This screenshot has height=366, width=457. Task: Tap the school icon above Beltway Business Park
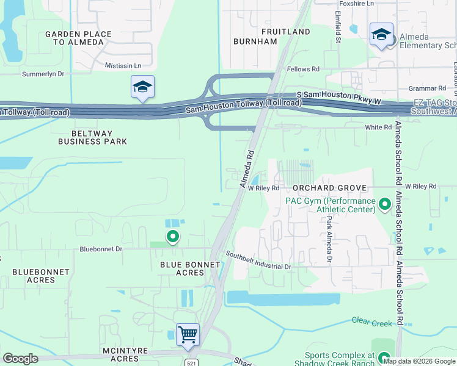[142, 87]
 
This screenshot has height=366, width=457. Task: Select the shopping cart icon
[188, 334]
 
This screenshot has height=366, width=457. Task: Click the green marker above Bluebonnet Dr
[173, 236]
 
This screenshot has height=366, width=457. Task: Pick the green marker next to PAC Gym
[385, 204]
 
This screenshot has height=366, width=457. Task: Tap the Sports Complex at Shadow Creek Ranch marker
[384, 358]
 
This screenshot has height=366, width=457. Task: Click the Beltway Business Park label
[92, 136]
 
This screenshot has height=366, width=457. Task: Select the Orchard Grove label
[329, 188]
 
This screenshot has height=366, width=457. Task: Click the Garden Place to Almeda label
[78, 38]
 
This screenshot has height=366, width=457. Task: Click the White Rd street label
[378, 127]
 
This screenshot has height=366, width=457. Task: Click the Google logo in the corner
[20, 358]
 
